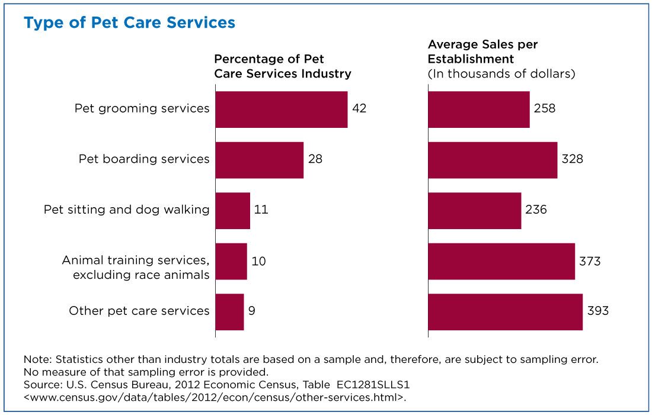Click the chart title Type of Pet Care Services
pos(129,23)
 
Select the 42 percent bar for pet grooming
pos(282,110)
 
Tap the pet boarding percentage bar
pos(260,160)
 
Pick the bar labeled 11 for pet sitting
pos(233,211)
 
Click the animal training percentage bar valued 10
pos(231,261)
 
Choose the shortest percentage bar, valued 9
pos(229,312)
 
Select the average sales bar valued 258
pos(479,110)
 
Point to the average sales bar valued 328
pos(493,160)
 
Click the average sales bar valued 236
pos(475,211)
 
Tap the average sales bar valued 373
pos(501,261)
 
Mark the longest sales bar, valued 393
pos(506,312)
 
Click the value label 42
pos(359,108)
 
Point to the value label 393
pos(598,311)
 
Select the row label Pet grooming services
pos(142,109)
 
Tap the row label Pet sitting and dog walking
pos(126,210)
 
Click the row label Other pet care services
pos(139,311)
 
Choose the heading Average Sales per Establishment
pos(482,52)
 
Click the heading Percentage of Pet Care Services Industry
pos(283,66)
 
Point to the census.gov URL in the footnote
pos(215,398)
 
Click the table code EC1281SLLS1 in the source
pos(373,385)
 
